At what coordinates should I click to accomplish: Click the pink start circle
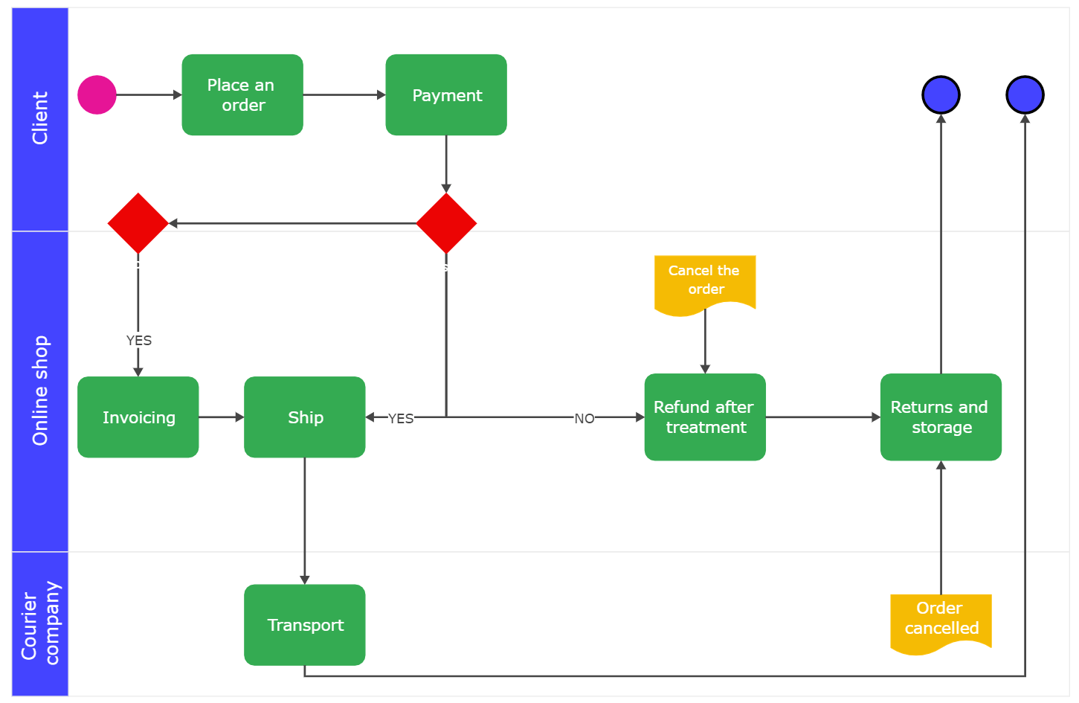tap(97, 95)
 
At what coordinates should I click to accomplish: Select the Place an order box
tap(242, 95)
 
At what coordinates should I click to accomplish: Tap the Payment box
tap(446, 95)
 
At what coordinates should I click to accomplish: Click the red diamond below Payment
tap(446, 223)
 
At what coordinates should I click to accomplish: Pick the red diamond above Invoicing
tap(138, 223)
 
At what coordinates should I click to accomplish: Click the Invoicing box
tap(138, 417)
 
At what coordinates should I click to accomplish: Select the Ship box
tap(305, 417)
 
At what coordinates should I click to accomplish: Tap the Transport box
tap(305, 625)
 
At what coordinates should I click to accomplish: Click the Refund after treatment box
tap(705, 417)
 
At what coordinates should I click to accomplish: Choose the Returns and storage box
tap(941, 417)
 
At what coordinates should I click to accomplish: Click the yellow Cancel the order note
tap(705, 281)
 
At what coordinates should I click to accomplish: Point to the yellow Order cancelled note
tap(941, 619)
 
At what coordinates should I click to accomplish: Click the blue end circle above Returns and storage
tap(941, 95)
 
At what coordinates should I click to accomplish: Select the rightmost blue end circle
tap(1025, 95)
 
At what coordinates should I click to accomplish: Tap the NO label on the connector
tap(584, 419)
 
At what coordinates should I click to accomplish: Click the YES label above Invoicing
tap(139, 341)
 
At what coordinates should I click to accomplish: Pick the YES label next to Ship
tap(401, 419)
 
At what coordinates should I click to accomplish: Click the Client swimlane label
tap(40, 118)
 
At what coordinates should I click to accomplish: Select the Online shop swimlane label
tap(40, 391)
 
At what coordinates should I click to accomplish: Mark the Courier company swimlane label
tap(40, 623)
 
